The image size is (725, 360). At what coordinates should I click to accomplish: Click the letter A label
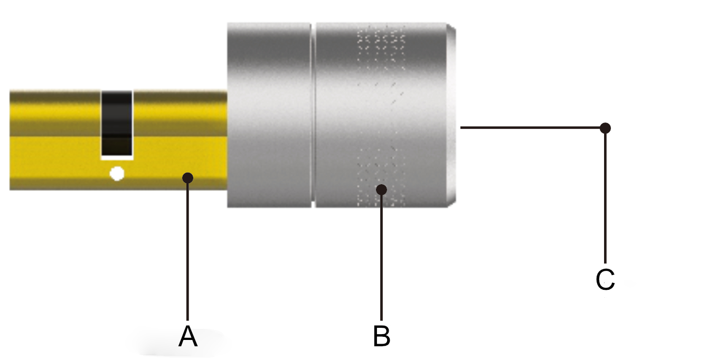pos(188,336)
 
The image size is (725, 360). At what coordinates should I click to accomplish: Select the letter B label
pos(381,336)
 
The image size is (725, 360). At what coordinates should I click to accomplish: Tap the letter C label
pos(605,280)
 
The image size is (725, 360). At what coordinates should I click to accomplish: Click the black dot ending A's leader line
pos(188,178)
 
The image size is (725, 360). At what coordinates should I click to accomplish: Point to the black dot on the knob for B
pos(381,189)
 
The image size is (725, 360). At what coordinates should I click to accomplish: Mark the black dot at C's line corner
pos(606,128)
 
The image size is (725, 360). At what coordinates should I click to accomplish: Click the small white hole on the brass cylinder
pos(117,173)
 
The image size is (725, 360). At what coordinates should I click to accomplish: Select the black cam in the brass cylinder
pos(116,121)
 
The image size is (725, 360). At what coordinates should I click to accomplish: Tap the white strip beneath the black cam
pos(116,157)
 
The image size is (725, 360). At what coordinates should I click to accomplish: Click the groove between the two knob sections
pos(313,115)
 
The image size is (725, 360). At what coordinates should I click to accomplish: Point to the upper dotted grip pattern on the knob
pos(381,48)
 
